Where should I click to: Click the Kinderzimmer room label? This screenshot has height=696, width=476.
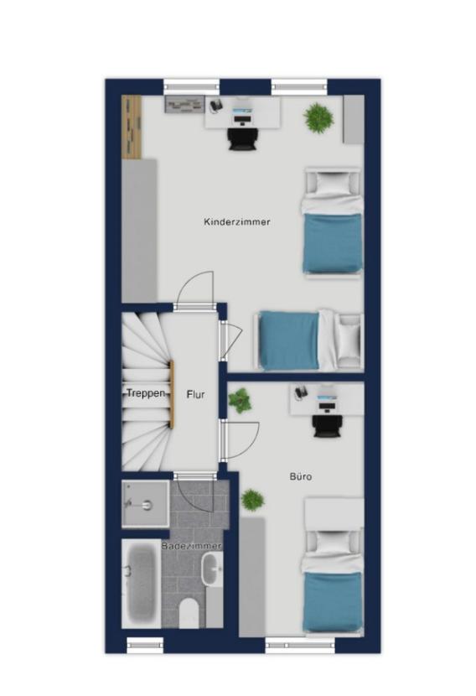click(237, 222)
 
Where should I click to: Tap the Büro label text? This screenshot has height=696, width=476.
click(301, 477)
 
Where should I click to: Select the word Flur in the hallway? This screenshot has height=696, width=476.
click(195, 394)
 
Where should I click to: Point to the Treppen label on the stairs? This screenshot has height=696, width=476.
click(146, 392)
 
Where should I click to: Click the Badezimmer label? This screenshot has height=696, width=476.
click(191, 546)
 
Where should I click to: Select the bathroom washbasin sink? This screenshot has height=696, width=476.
click(213, 569)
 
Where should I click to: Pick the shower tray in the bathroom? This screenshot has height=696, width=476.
click(145, 504)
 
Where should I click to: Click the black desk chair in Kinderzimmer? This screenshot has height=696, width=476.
click(241, 138)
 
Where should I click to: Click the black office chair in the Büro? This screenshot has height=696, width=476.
click(328, 426)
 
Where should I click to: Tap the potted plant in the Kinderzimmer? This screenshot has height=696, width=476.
click(318, 117)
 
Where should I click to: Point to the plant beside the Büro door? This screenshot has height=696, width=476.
click(240, 400)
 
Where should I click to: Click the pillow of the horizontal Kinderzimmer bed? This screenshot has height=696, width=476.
click(349, 340)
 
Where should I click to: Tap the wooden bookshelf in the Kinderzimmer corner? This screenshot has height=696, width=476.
click(132, 127)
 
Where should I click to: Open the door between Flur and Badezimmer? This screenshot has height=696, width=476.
click(194, 475)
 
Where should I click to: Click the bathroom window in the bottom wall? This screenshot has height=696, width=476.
click(145, 646)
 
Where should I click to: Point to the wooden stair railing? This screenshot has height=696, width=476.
click(172, 394)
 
